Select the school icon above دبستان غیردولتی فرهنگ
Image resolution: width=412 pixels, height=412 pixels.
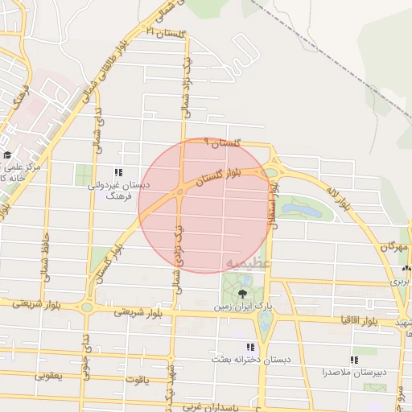[x=119, y=172]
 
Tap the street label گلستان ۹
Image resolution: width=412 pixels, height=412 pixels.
[x=224, y=142]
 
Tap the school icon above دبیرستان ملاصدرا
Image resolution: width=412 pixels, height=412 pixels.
[x=354, y=360]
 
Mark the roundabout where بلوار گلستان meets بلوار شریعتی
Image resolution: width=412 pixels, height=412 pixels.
[x=86, y=307]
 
